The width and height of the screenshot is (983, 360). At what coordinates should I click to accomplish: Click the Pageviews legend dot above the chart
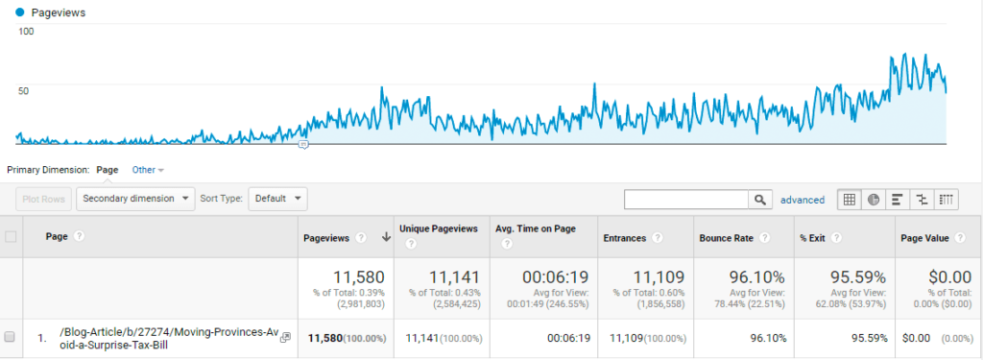click(x=20, y=12)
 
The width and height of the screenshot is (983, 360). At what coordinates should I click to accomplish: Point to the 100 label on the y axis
click(x=26, y=32)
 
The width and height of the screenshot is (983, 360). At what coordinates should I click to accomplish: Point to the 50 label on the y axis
click(x=26, y=91)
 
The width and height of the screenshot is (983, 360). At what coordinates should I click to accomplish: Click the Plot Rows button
click(x=42, y=199)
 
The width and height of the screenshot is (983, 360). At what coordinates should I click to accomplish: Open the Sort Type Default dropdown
click(x=277, y=199)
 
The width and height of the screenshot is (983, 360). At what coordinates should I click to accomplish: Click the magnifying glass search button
click(x=760, y=200)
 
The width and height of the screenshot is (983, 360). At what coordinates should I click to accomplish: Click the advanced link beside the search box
click(x=802, y=200)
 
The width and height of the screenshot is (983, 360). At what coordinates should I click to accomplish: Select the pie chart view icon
click(x=874, y=200)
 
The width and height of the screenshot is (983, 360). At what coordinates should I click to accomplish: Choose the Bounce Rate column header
click(x=726, y=237)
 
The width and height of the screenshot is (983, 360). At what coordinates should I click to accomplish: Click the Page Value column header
click(x=925, y=237)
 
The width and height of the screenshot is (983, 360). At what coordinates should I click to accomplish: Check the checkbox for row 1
click(x=10, y=337)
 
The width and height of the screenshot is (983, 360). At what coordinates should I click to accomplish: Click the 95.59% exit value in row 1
click(x=858, y=337)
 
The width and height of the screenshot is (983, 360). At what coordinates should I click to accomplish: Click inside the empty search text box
click(x=685, y=200)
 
